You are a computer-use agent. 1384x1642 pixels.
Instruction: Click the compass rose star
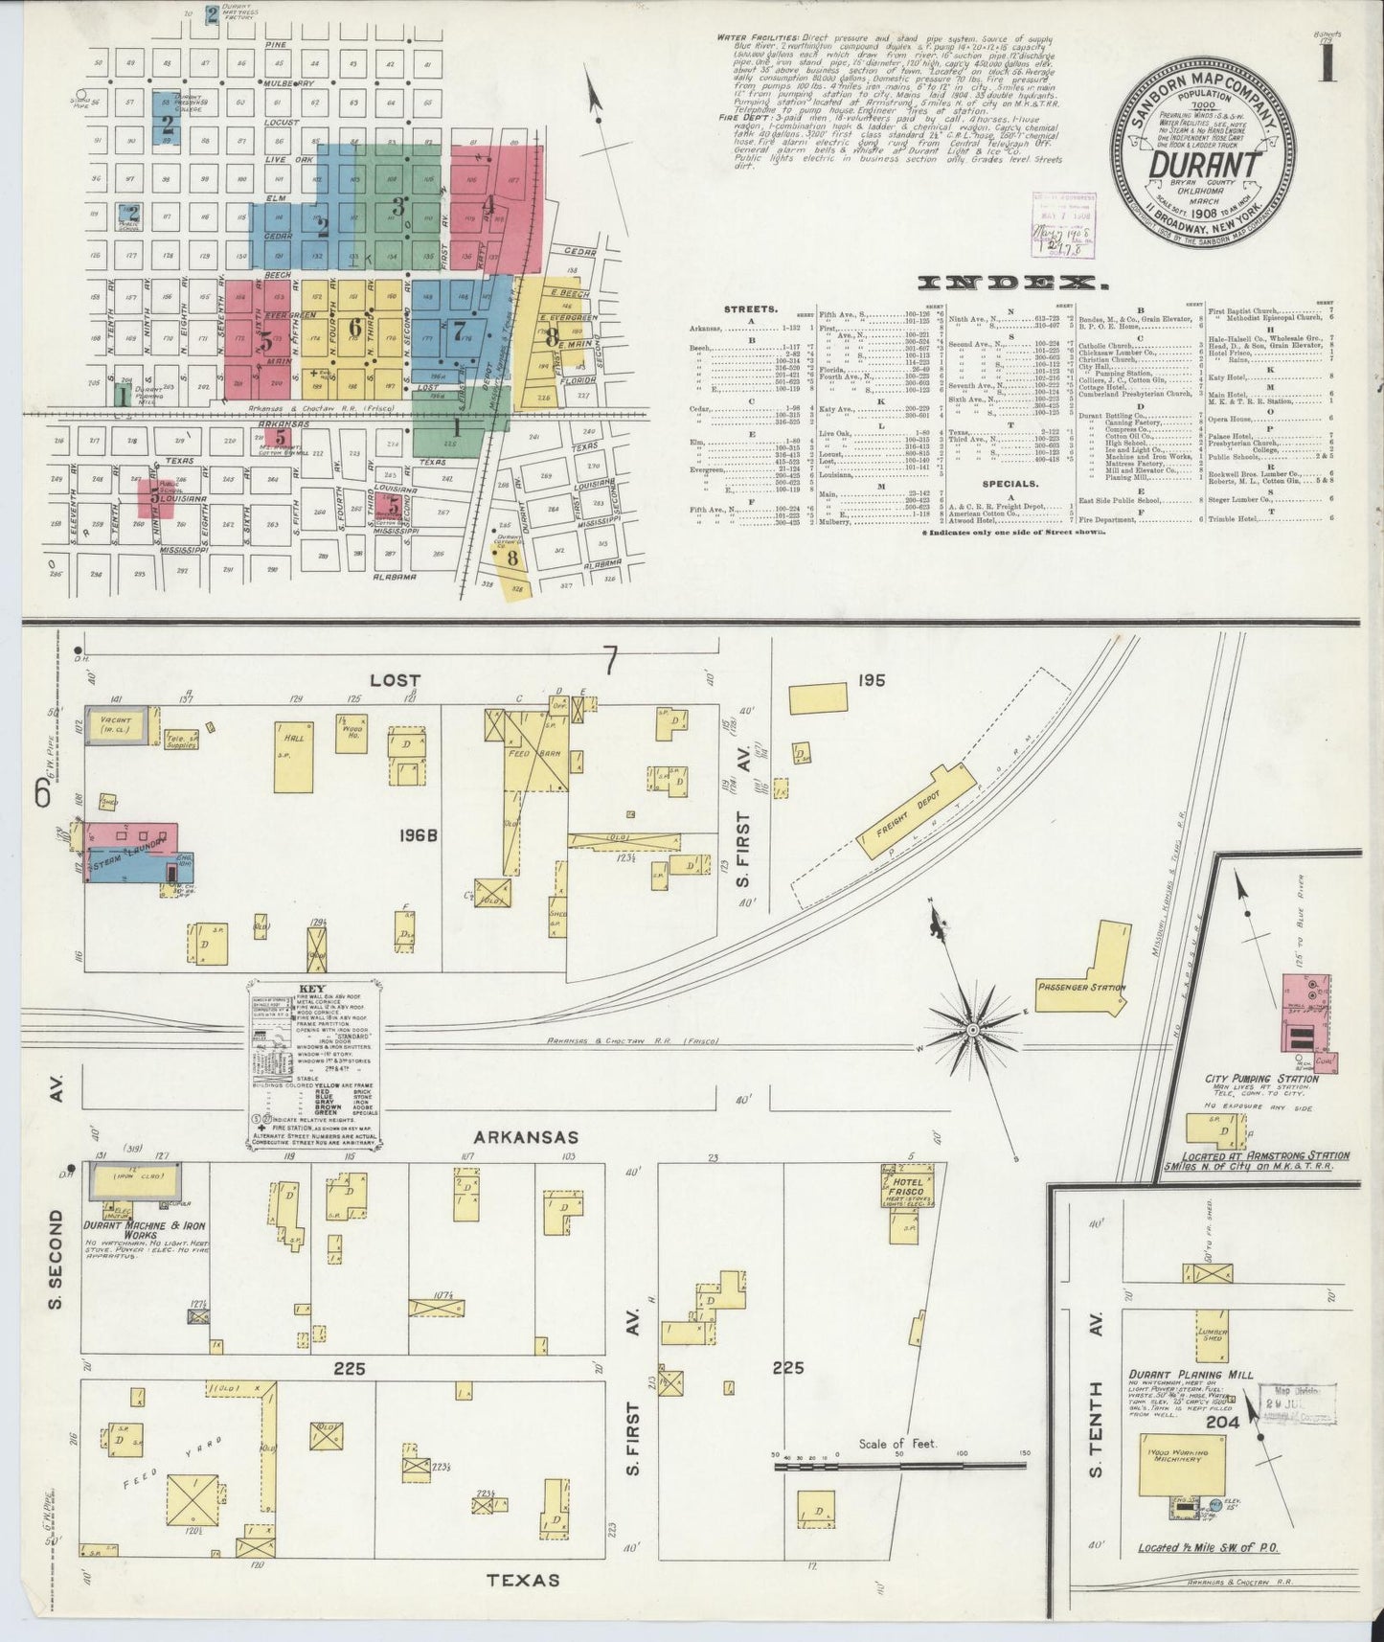tap(973, 1030)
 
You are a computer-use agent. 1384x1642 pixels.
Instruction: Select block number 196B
tap(419, 835)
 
